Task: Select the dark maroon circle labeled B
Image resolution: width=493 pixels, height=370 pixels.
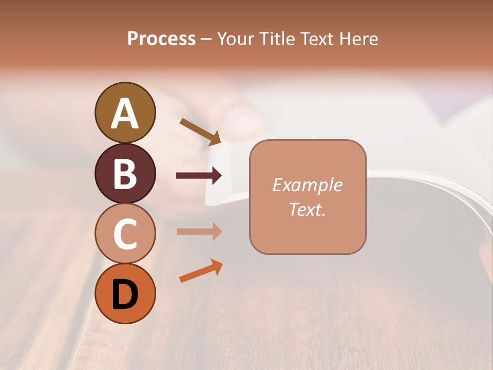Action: click(x=125, y=173)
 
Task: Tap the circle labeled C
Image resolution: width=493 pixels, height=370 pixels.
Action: click(x=125, y=233)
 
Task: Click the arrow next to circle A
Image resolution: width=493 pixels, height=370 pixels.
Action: click(x=200, y=132)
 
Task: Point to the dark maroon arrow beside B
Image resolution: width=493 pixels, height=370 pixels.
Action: click(x=199, y=176)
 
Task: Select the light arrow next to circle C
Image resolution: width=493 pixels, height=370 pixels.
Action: click(x=199, y=231)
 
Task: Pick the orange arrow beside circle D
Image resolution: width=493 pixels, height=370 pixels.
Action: click(x=201, y=271)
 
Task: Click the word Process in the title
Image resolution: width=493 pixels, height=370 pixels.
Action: click(x=161, y=39)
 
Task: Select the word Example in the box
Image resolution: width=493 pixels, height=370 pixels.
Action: click(x=308, y=185)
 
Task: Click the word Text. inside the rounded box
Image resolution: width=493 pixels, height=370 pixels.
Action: click(x=308, y=209)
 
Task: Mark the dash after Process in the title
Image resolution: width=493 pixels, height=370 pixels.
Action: click(x=206, y=39)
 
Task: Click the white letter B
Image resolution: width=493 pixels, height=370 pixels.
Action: click(x=125, y=174)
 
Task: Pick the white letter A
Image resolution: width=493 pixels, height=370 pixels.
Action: click(x=125, y=113)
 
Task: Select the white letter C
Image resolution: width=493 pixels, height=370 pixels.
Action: click(x=125, y=234)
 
